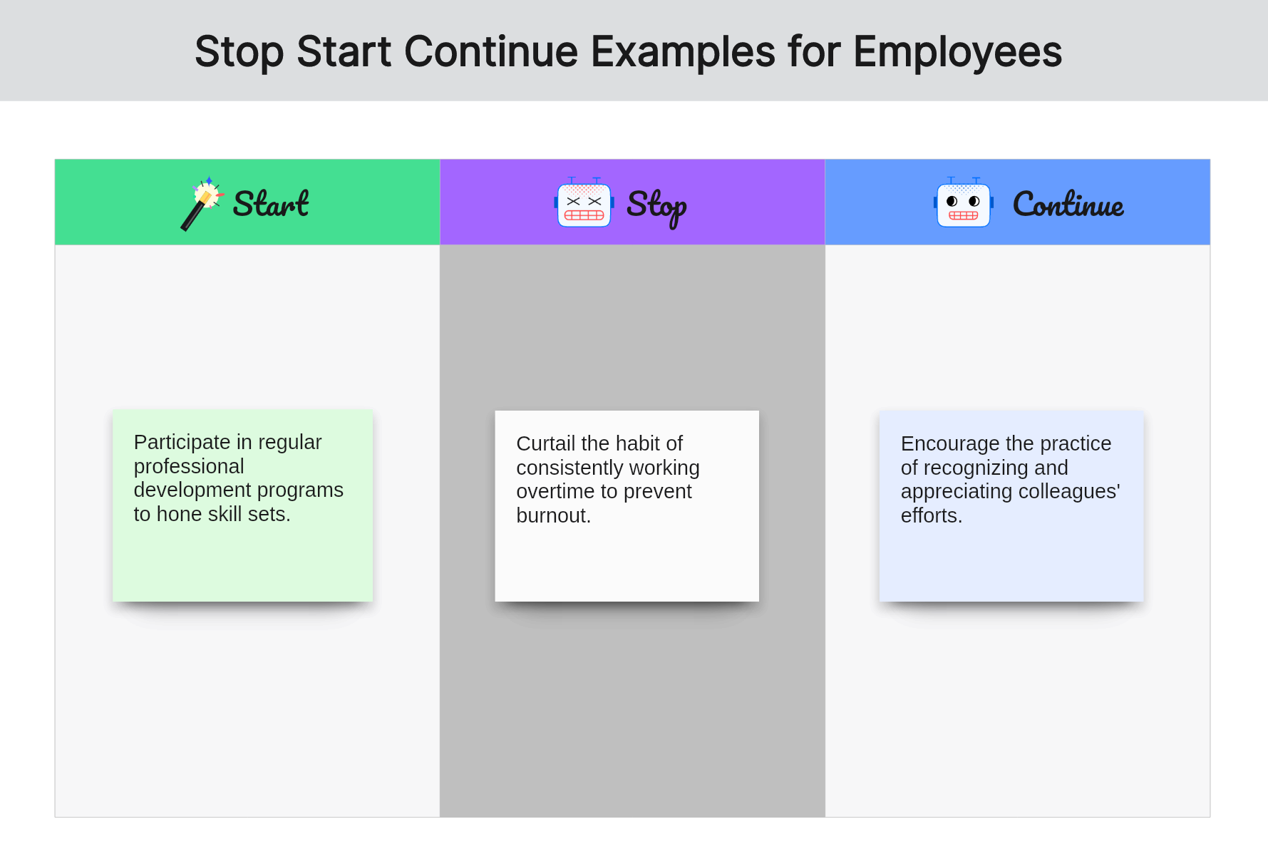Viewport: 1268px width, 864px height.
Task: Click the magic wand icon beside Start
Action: coord(202,204)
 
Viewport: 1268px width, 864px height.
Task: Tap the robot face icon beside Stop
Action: coord(584,203)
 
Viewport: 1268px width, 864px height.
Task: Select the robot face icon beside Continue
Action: coord(964,203)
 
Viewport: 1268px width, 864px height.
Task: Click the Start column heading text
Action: coord(271,204)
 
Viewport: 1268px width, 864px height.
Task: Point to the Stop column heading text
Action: coord(656,207)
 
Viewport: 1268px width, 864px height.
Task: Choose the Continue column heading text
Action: coord(1068,204)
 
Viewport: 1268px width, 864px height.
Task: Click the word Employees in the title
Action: coord(957,53)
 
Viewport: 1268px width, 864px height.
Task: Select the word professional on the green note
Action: coord(189,466)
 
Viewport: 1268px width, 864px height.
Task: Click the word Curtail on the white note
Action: coord(546,443)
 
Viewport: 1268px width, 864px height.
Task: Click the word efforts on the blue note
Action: coord(929,515)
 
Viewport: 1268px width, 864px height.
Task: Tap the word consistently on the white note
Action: coord(568,468)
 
